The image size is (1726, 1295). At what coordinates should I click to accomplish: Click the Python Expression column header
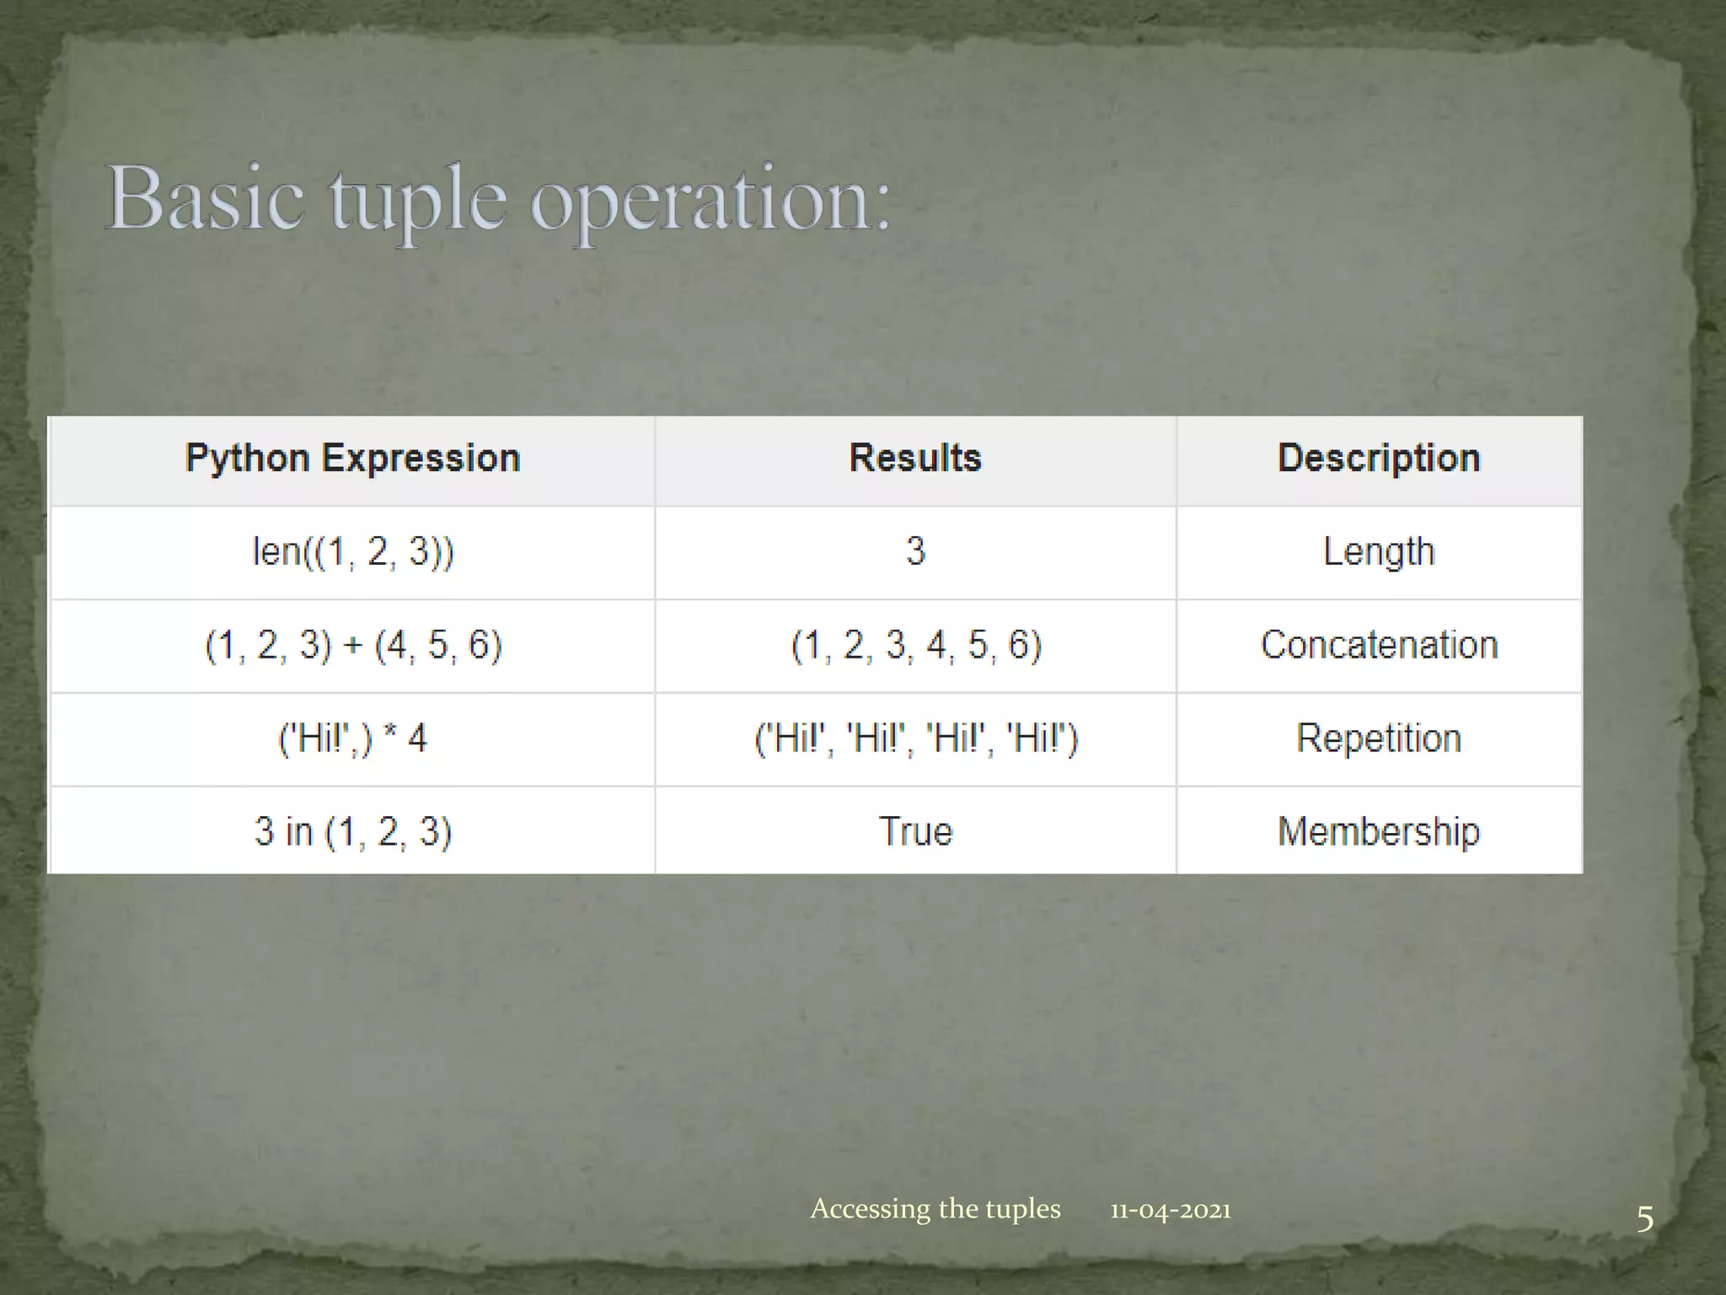(x=352, y=459)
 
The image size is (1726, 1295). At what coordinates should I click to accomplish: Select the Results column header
(x=915, y=459)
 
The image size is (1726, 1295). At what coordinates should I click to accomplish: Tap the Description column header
(x=1379, y=459)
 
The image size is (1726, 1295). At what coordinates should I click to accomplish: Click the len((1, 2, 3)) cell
(x=353, y=552)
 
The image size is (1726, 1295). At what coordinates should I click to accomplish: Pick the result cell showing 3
(x=915, y=552)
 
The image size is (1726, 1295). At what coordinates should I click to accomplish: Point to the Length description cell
(x=1379, y=552)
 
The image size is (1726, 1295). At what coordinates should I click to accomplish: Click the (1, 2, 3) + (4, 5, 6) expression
(x=353, y=646)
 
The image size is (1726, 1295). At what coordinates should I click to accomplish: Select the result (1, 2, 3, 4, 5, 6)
(x=916, y=646)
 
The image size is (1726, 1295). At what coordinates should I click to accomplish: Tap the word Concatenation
(x=1379, y=646)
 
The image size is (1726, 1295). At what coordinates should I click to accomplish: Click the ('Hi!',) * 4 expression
(x=353, y=739)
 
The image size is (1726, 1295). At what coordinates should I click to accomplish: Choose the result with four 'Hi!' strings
(x=916, y=739)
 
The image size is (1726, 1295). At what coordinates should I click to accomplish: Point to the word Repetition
(x=1379, y=739)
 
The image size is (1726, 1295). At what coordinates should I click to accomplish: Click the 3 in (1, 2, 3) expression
(x=353, y=832)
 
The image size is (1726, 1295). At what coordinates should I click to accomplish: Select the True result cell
(x=915, y=832)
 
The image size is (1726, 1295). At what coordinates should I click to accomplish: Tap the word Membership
(x=1379, y=832)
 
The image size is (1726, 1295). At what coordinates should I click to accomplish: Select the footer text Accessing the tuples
(x=935, y=1209)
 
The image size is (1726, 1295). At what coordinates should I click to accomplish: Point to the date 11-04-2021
(x=1170, y=1211)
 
